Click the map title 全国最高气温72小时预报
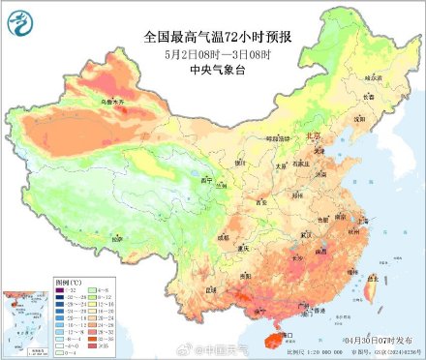(212, 37)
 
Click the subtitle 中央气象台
(212, 68)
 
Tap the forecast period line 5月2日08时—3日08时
(212, 53)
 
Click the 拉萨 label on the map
(116, 237)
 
